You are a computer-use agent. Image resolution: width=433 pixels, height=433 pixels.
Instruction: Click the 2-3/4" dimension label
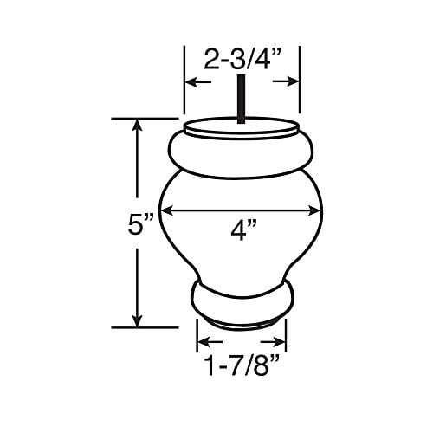pyautogui.click(x=242, y=61)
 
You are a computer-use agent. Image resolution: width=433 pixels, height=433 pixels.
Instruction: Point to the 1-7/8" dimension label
pyautogui.click(x=242, y=365)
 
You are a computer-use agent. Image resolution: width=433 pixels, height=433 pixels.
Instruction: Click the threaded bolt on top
pyautogui.click(x=241, y=99)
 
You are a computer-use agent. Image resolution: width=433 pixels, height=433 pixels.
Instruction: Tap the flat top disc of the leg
pyautogui.click(x=241, y=128)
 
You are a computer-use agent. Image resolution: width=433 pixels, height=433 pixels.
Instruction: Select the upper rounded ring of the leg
pyautogui.click(x=241, y=153)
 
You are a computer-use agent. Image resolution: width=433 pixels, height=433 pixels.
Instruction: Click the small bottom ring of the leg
pyautogui.click(x=242, y=301)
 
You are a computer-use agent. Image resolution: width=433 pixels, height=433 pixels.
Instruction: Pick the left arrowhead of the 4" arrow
pyautogui.click(x=167, y=211)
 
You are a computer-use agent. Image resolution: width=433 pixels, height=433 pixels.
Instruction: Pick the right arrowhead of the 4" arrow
pyautogui.click(x=315, y=211)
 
